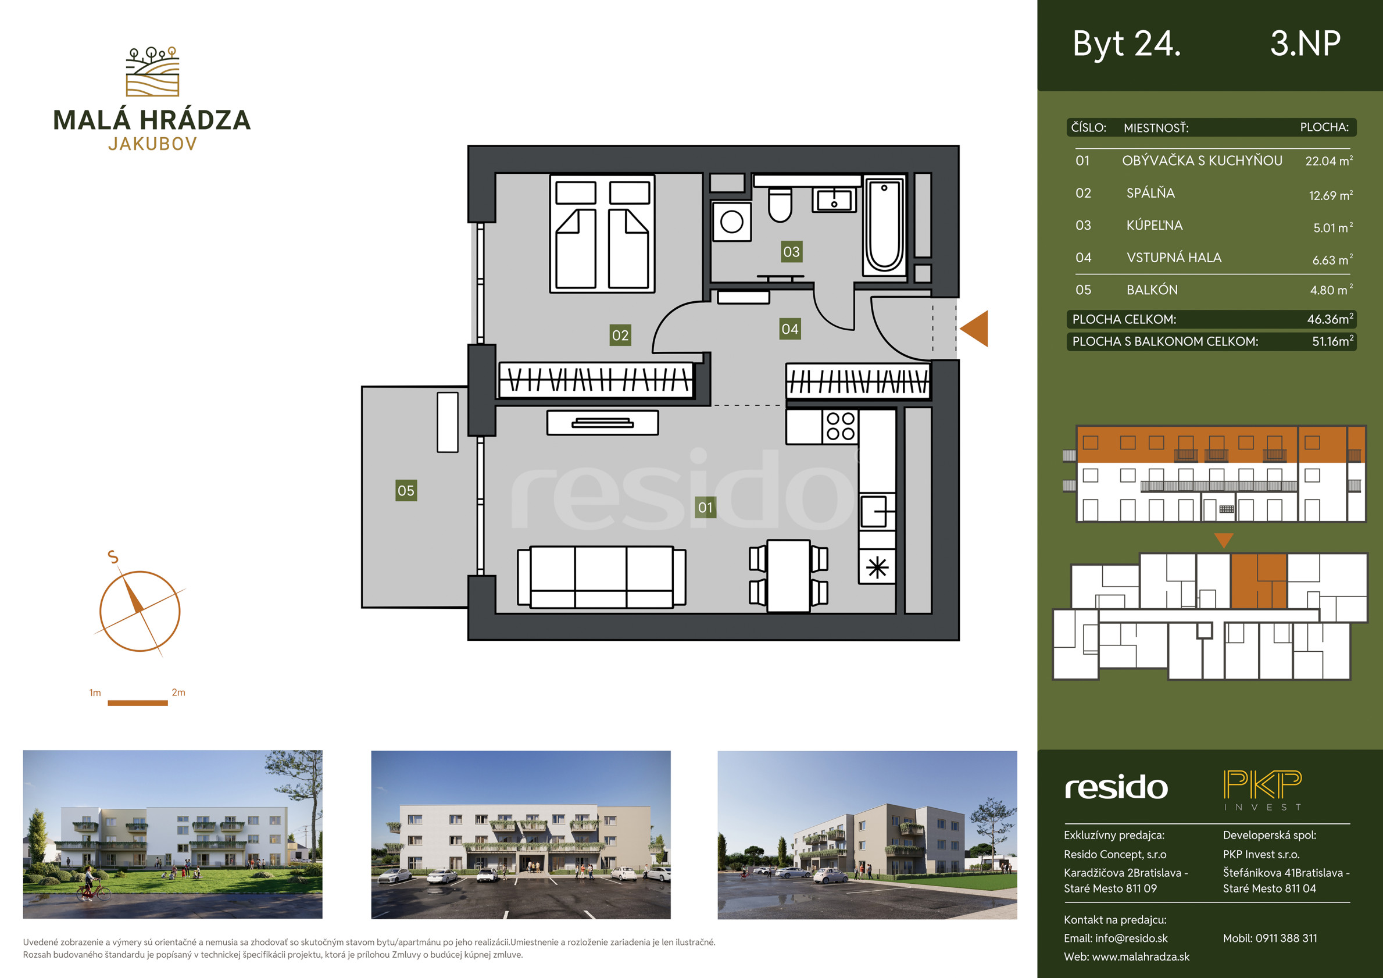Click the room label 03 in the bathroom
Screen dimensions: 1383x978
[x=791, y=251]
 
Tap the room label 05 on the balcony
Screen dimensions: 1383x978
[x=406, y=491]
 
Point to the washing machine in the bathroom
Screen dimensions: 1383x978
[x=731, y=221]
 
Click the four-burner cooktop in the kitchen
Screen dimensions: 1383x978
[x=840, y=426]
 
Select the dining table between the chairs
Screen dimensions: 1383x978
[x=788, y=576]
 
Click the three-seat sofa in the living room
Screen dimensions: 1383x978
[x=602, y=577]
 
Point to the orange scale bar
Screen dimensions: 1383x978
[x=137, y=702]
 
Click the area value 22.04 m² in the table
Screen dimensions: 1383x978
[x=1329, y=161]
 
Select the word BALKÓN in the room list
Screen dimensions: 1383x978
[x=1152, y=290]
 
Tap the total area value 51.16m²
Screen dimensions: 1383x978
[x=1333, y=341]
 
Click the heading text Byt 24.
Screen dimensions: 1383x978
[x=1127, y=44]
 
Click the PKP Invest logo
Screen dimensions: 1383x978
[x=1263, y=790]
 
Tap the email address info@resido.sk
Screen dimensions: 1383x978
[x=1131, y=938]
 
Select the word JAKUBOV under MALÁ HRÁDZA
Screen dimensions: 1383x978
[x=152, y=144]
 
